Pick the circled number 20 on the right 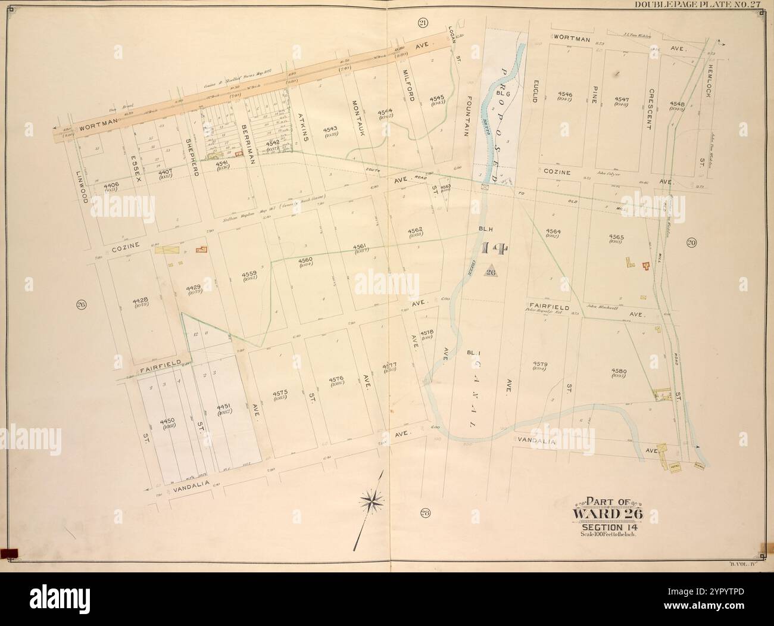pyautogui.click(x=692, y=242)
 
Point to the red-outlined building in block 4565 pyautogui.click(x=645, y=266)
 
